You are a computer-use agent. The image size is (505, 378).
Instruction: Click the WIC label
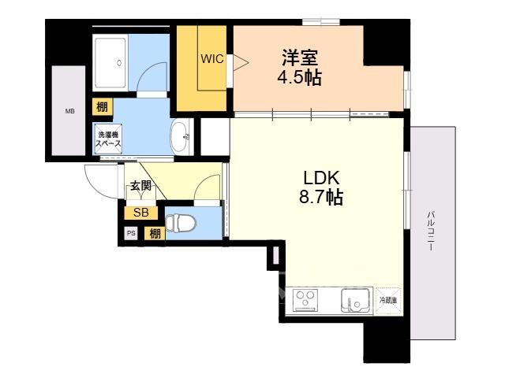212,59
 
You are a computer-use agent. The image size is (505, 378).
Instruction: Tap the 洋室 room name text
300,57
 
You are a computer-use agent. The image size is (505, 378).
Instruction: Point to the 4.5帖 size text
300,77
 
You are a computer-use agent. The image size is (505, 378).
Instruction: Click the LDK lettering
321,177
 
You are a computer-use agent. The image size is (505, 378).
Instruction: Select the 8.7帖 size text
321,197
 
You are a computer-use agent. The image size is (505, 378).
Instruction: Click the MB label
70,112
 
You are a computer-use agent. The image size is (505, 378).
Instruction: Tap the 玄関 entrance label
140,186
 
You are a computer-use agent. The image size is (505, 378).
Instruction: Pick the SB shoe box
141,213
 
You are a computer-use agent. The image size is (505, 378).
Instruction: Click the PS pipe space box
131,233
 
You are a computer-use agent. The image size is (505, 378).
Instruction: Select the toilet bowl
181,223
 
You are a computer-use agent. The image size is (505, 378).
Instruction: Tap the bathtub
110,63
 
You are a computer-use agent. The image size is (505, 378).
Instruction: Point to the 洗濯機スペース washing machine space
108,139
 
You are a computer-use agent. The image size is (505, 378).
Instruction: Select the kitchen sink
356,301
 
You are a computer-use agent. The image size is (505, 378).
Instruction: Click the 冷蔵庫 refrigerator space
388,301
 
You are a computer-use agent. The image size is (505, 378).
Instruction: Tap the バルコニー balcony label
430,231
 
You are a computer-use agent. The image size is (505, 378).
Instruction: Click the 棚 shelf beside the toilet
155,234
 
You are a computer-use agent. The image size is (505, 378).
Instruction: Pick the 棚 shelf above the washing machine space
103,107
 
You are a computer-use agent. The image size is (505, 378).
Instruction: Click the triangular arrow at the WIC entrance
239,61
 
